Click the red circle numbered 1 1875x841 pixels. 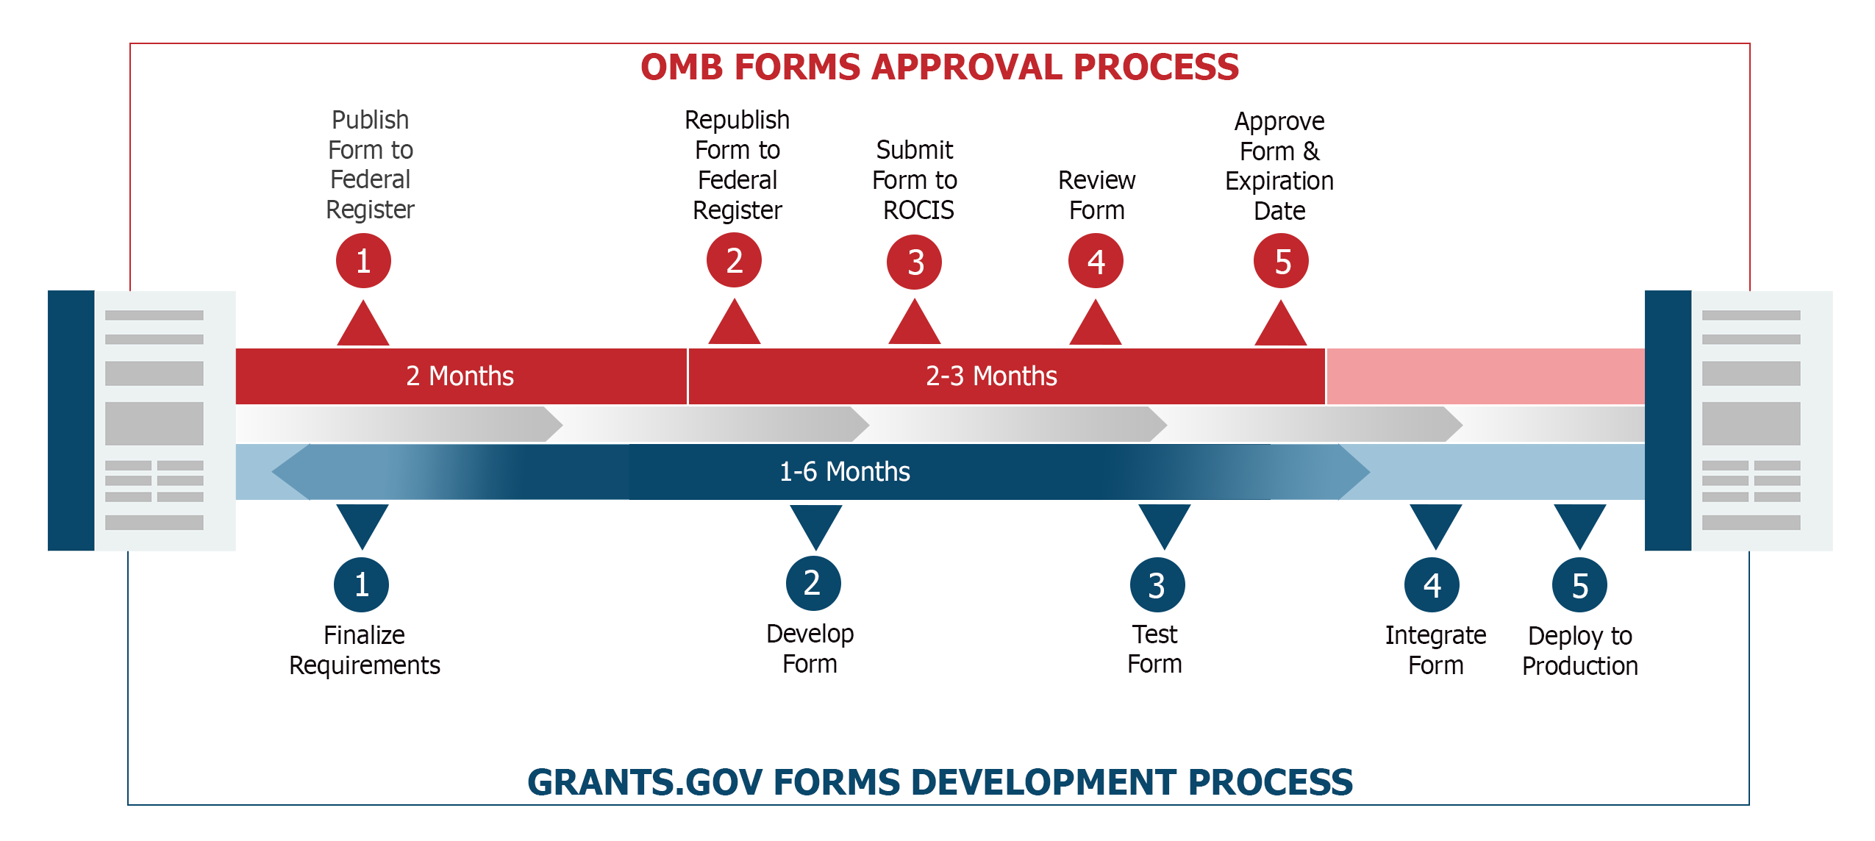point(363,261)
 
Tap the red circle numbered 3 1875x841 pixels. point(914,262)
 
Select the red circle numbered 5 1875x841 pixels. point(1281,261)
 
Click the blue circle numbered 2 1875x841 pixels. point(813,584)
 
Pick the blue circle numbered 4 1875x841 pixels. point(1432,585)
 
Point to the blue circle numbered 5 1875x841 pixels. point(1579,585)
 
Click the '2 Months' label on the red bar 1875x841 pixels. point(460,376)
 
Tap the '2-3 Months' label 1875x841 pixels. point(991,376)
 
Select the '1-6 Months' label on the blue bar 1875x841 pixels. point(844,472)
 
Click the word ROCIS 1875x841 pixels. point(918,211)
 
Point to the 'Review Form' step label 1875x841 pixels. point(1096,196)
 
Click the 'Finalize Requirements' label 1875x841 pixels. point(365,651)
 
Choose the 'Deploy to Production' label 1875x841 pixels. point(1580,651)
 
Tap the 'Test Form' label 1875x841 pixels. point(1154,649)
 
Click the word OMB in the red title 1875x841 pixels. point(683,68)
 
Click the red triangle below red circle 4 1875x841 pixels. point(1096,323)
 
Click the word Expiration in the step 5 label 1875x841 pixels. point(1279,182)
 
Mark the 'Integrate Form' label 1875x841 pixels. point(1435,651)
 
